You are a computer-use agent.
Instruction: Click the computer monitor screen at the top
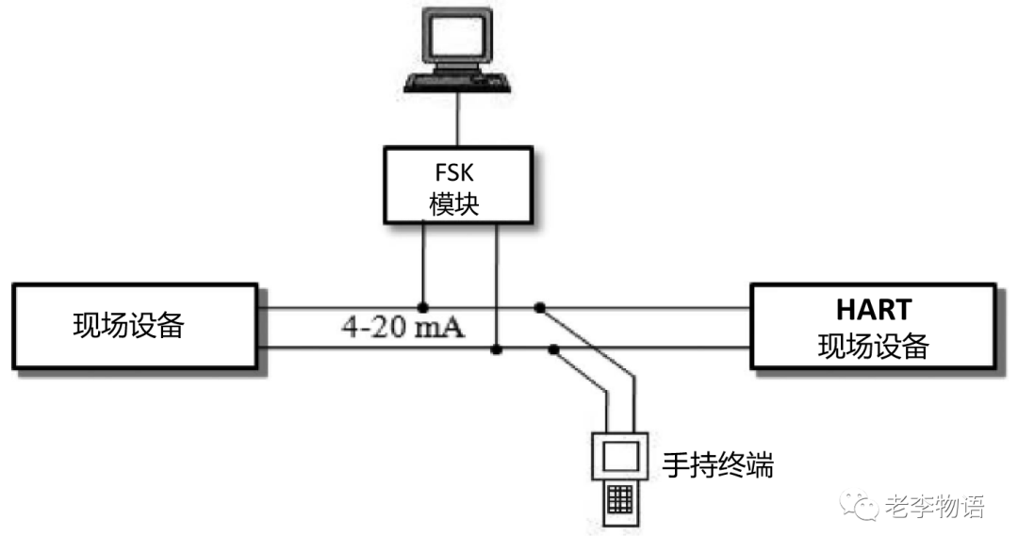pos(458,37)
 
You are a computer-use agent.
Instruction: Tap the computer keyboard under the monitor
pos(458,82)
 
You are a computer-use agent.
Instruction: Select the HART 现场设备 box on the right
pos(873,326)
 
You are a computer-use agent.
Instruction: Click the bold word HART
pos(873,309)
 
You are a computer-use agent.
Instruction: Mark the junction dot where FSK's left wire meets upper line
pos(423,307)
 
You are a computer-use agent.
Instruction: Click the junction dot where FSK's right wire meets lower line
pos(496,350)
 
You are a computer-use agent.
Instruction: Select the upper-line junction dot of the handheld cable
pos(539,307)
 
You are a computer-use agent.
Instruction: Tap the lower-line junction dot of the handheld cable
pos(553,350)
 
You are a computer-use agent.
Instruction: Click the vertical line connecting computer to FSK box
pos(458,119)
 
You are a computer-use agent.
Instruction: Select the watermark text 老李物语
pos(935,507)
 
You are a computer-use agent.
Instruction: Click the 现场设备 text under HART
pos(873,346)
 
